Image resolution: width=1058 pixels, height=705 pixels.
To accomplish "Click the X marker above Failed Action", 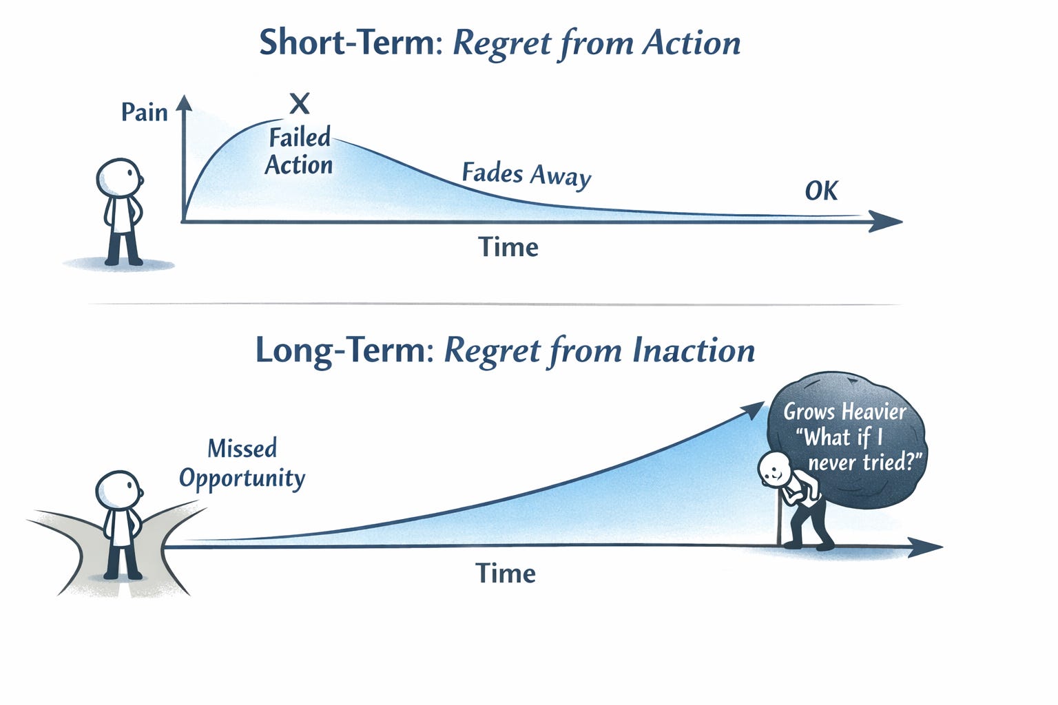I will click(x=299, y=104).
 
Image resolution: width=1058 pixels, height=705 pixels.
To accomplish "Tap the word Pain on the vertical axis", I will click(x=144, y=112).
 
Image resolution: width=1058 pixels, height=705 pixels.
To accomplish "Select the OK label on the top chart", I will click(x=821, y=191).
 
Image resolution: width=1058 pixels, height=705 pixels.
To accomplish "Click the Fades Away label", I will click(x=526, y=174).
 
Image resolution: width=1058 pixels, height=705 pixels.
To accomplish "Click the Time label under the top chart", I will click(x=508, y=247).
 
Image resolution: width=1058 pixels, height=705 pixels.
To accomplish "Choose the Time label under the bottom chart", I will click(x=506, y=573).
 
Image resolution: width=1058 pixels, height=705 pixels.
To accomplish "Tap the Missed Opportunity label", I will click(x=242, y=463).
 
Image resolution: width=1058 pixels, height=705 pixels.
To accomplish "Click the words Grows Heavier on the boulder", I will click(x=844, y=412).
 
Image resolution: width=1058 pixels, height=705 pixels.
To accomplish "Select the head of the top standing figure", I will click(x=119, y=178).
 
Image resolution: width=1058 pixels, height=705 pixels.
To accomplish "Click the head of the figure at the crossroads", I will click(x=118, y=490).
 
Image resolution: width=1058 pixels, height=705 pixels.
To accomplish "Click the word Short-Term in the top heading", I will click(x=346, y=43).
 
